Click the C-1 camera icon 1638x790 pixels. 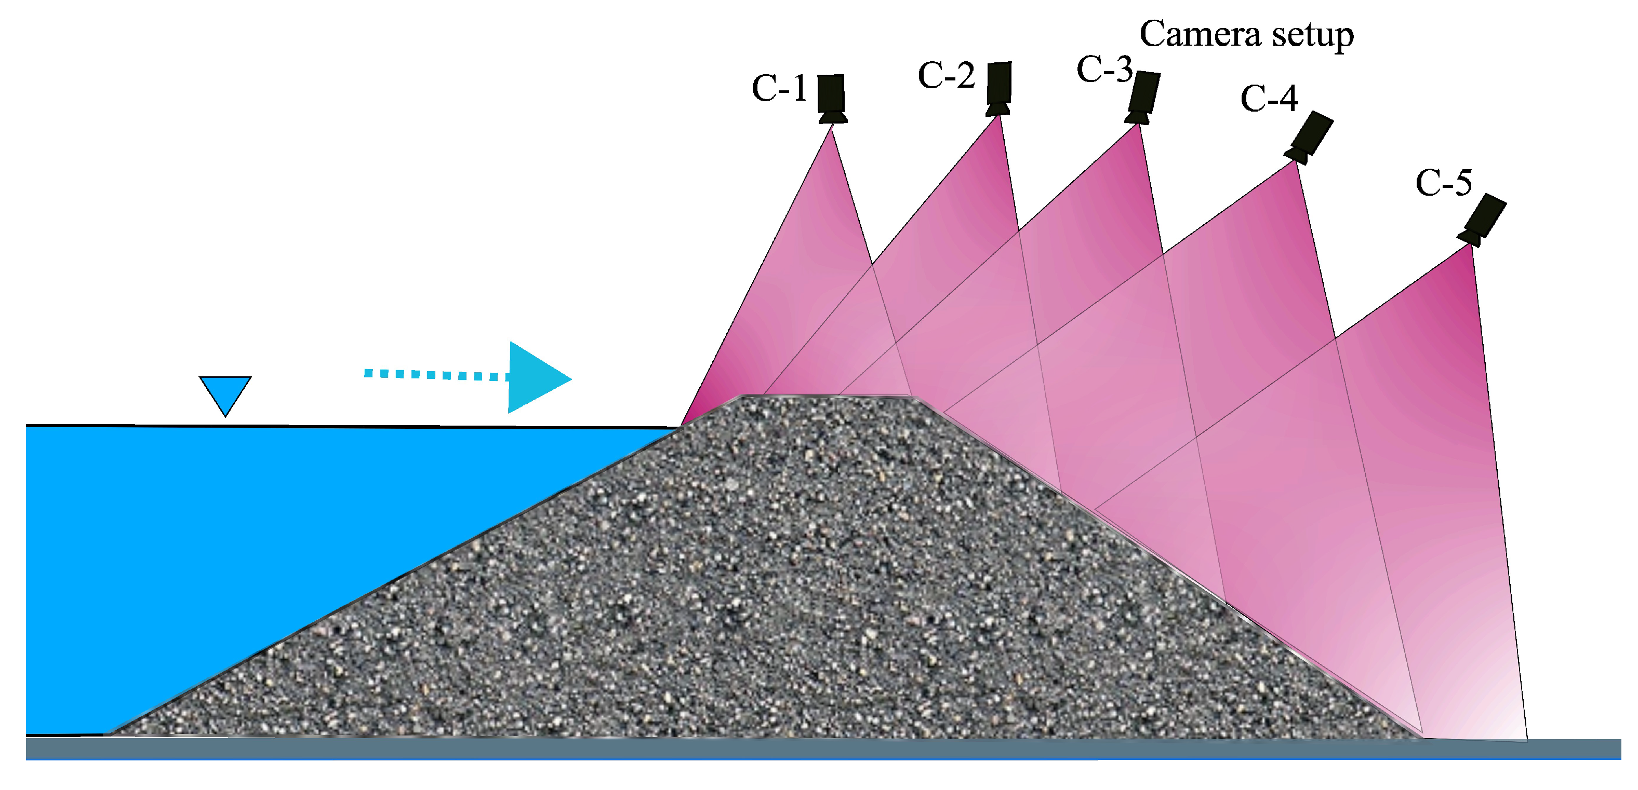(x=831, y=99)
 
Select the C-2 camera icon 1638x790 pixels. (x=998, y=88)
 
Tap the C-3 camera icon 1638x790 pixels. (x=1142, y=97)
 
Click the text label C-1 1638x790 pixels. (x=779, y=88)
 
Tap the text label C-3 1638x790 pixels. (x=1104, y=69)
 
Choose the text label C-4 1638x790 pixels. (x=1269, y=99)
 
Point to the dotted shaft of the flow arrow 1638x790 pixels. (x=437, y=375)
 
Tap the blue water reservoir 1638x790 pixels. (x=255, y=560)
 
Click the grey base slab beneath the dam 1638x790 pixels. (x=823, y=748)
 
